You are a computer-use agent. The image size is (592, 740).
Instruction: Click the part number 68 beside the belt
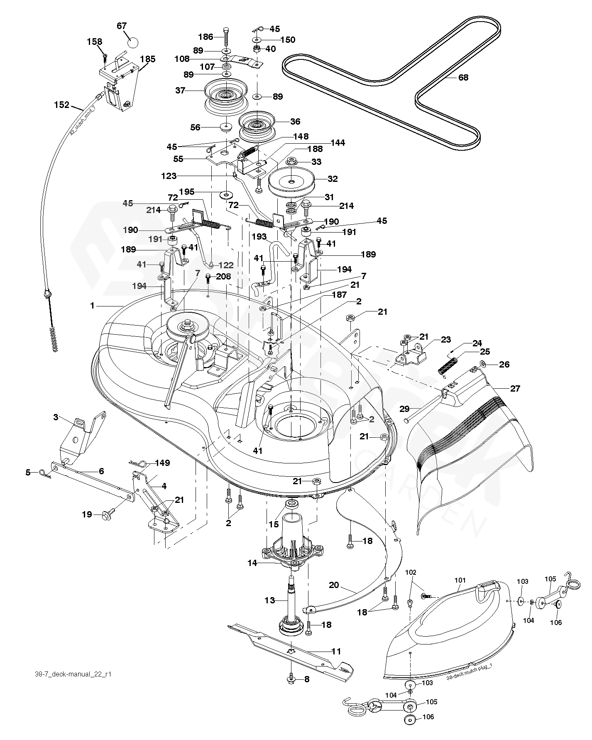(x=463, y=78)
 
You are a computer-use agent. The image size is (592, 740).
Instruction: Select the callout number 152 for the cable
(x=62, y=105)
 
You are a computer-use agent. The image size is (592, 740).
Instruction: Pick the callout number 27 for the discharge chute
(x=515, y=389)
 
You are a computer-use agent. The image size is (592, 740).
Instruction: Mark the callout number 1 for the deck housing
(x=92, y=306)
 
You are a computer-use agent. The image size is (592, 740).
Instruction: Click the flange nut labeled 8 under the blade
(x=291, y=679)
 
